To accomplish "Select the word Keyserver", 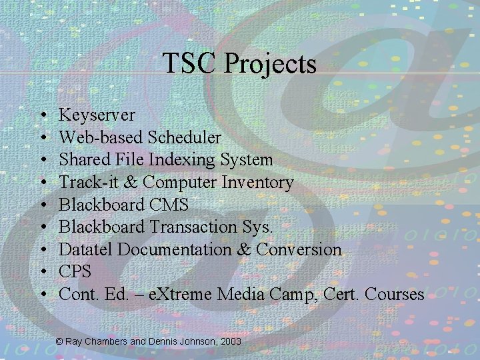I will point(97,115).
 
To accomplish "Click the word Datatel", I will point(83,249).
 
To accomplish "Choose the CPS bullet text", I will point(75,271).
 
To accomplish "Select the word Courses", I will point(393,294).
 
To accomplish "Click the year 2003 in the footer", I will point(230,341).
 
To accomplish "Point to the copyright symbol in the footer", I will point(59,341).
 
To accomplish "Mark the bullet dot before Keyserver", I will point(42,116).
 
